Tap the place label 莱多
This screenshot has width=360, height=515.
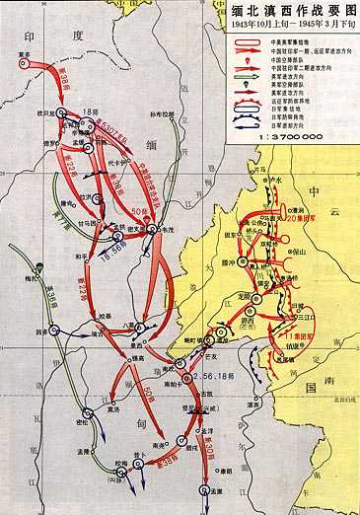coord(23,55)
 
